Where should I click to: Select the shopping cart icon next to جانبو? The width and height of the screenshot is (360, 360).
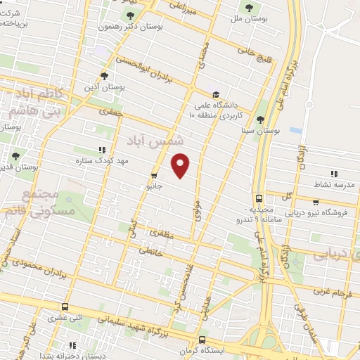point(154,176)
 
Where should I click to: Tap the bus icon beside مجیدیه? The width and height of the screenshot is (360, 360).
point(259,198)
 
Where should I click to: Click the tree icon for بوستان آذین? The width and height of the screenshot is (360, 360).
point(105,77)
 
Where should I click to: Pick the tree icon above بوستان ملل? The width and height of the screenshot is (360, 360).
point(247,7)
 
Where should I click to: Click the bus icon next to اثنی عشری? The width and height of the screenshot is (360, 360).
point(65,307)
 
